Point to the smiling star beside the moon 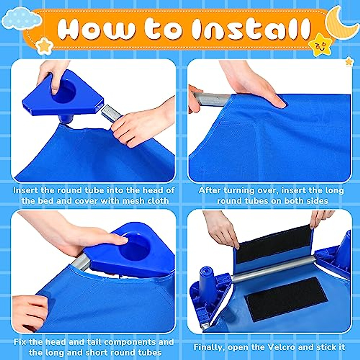click(321, 45)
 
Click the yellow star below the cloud click(44, 46)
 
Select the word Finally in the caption click(209, 347)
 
